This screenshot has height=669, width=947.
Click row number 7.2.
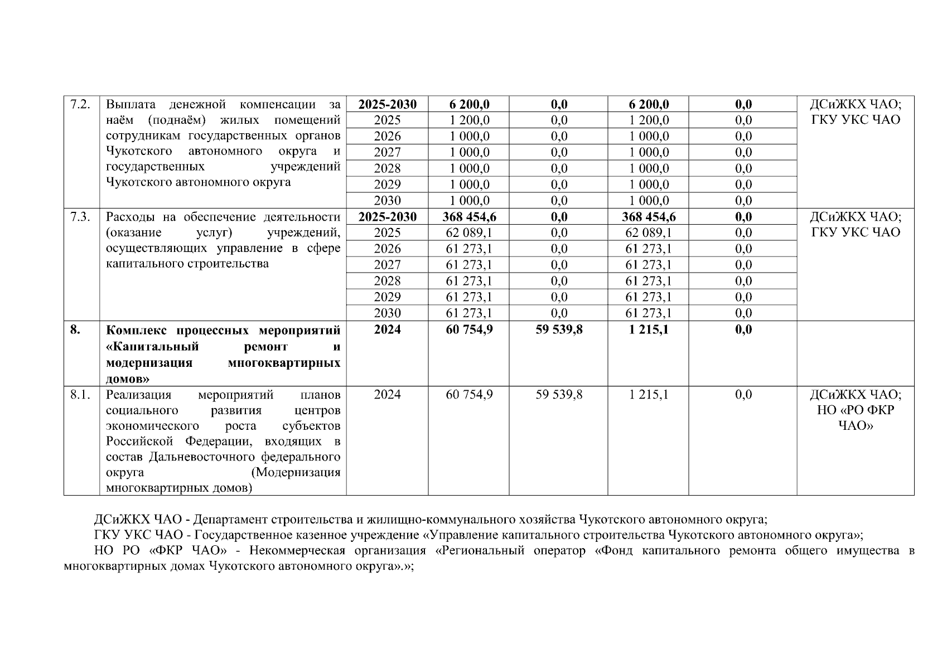[x=80, y=104]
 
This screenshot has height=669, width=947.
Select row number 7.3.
[x=80, y=217]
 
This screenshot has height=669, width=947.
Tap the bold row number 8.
[x=75, y=329]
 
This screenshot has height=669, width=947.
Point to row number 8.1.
[x=80, y=395]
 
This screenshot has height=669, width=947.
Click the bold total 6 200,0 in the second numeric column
[x=469, y=104]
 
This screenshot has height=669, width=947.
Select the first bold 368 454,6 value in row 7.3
[x=469, y=217]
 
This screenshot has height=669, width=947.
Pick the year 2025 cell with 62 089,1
[x=387, y=232]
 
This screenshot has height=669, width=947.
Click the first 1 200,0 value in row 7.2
[x=469, y=120]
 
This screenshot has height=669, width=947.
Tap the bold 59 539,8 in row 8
[x=559, y=329]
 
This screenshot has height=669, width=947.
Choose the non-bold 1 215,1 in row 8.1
[x=648, y=395]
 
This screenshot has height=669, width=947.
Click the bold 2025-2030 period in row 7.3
[x=387, y=217]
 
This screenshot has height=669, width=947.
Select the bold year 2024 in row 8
[x=387, y=329]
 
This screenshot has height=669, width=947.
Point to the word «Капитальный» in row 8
[x=152, y=347]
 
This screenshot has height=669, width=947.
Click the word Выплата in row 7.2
[x=130, y=104]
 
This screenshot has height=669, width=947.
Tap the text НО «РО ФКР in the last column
[x=855, y=410]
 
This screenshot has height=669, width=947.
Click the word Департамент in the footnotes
[x=231, y=520]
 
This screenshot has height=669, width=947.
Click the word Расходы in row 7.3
[x=129, y=217]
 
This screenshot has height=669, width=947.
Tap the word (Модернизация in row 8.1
[x=296, y=473]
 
